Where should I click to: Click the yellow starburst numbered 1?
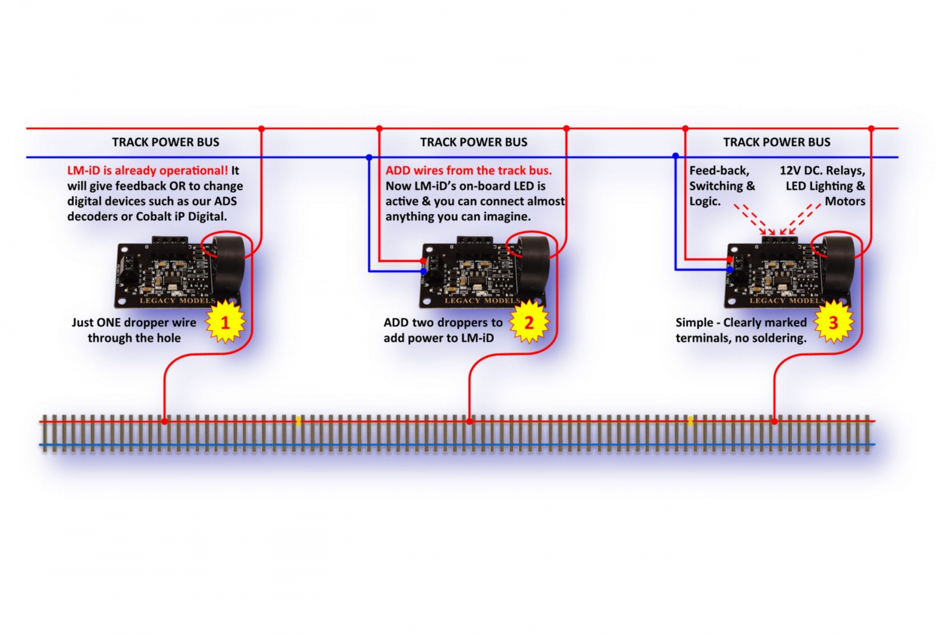coord(225,323)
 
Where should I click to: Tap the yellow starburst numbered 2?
coord(529,323)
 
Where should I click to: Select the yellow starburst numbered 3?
coord(833,323)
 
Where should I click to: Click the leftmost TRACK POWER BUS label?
coord(165,142)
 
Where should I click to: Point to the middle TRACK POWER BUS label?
coord(474,142)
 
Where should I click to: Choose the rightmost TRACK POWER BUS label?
coord(776,142)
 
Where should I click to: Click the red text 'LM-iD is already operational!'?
coord(148,171)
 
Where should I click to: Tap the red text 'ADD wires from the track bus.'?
coord(468,171)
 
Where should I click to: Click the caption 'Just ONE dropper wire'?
coord(134,323)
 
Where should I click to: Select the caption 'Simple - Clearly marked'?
coord(741,323)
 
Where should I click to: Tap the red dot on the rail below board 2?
coord(469,421)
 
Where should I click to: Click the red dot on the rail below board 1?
coord(165,421)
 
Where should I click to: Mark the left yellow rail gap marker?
coord(298,421)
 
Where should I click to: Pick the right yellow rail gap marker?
coord(690,421)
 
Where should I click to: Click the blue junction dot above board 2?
coord(369,158)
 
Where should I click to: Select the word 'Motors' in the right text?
coord(845,202)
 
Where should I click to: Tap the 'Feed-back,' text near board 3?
coord(719,171)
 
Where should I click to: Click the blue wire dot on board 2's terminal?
coord(424,271)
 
